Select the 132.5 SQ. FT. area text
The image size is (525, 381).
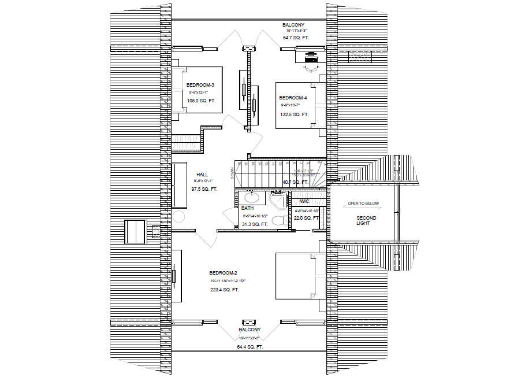[x=295, y=114]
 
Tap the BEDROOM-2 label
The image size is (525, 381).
[x=224, y=272]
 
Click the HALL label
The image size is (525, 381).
[x=202, y=174]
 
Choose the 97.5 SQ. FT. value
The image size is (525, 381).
[x=204, y=189]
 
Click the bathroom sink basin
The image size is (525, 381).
[x=254, y=197]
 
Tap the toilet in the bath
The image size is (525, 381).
[x=277, y=220]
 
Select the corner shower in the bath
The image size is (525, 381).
[x=278, y=201]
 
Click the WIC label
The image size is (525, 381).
[x=305, y=201]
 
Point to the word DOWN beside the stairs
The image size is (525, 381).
[x=232, y=174]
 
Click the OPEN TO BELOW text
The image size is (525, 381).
[x=363, y=204]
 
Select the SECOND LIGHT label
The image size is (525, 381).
[x=366, y=220]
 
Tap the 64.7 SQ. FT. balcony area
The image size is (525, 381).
[x=296, y=38]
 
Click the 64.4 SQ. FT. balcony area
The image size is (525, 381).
[x=250, y=347]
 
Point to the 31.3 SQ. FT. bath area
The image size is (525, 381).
[x=255, y=224]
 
